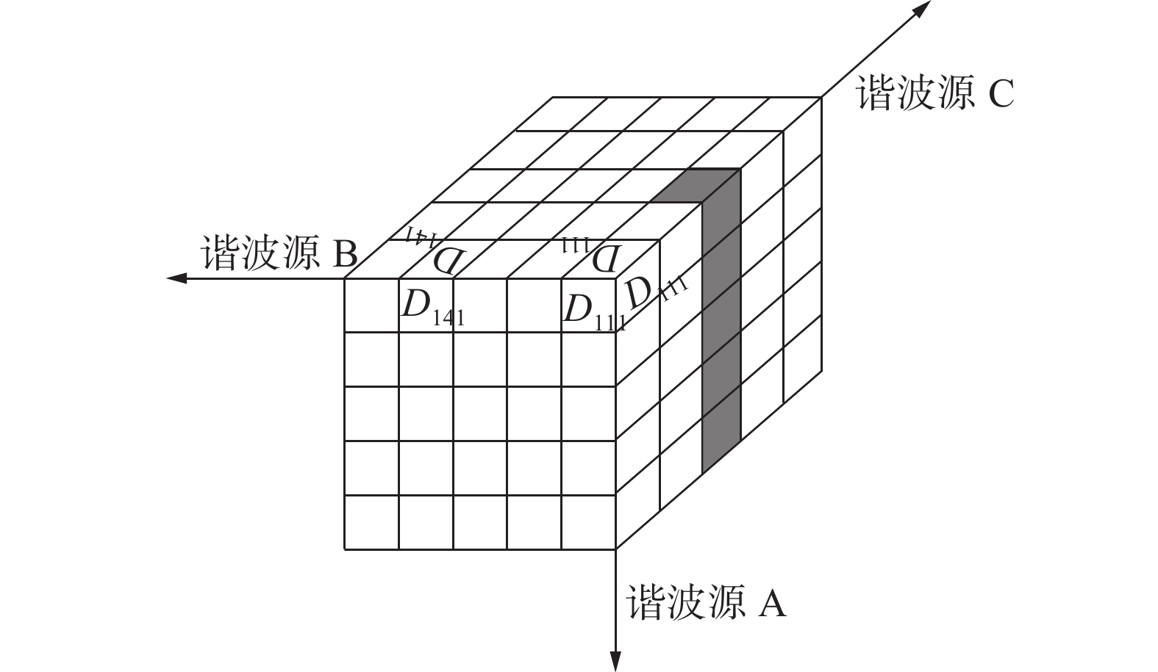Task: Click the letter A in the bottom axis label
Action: pos(771,604)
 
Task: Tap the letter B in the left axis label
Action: pos(345,254)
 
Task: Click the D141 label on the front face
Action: pos(432,308)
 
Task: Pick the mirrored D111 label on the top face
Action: pos(593,254)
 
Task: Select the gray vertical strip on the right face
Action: pos(721,323)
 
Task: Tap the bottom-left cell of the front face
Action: pos(372,522)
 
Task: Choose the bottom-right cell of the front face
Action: pos(588,522)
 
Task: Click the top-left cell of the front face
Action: pos(372,306)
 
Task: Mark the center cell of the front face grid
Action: pos(480,413)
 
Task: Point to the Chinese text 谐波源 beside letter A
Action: pos(676,604)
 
